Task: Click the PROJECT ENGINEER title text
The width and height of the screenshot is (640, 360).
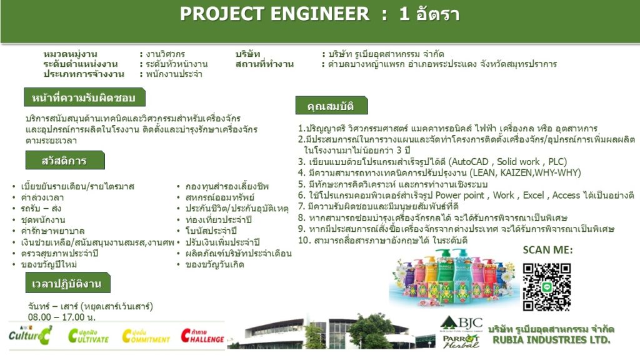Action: coord(274,14)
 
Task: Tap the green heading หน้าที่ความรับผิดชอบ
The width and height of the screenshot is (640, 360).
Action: coord(84,97)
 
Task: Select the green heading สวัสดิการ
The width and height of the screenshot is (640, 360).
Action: coord(64,161)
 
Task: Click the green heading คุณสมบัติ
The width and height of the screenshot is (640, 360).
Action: coord(331,106)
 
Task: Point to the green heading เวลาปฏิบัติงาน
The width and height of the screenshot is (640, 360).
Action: coord(67,283)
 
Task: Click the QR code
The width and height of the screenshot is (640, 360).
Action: coord(546,286)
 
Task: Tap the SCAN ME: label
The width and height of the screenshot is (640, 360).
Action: coord(547,250)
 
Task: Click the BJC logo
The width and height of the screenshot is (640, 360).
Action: coord(462,324)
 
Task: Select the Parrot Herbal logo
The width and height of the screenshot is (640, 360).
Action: coord(461,341)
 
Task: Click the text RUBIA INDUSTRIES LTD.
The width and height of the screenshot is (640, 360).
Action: coord(551,340)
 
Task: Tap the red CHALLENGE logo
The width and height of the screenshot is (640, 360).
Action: coord(202,336)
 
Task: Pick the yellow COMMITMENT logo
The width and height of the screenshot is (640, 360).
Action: coord(146,336)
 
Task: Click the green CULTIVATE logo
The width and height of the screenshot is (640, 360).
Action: coord(89,336)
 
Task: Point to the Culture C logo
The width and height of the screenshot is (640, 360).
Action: coord(31,335)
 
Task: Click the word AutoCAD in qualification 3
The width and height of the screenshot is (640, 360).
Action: coord(470,162)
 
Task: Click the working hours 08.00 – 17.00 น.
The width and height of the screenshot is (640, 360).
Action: coord(62,317)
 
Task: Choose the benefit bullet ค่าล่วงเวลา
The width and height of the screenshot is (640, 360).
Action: coord(42,197)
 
